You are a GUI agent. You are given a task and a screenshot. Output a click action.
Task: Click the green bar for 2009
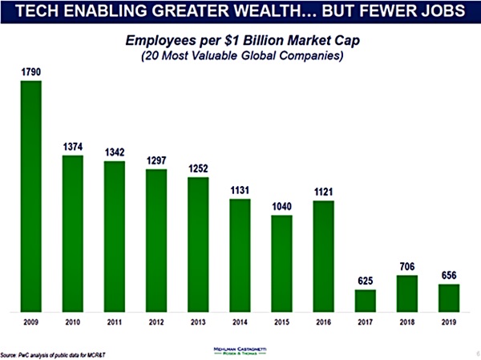tap(30, 195)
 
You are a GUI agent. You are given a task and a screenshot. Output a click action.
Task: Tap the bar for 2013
tap(198, 244)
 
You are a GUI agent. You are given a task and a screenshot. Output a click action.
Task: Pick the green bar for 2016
tap(324, 255)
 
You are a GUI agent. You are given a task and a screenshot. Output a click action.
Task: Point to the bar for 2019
tap(449, 297)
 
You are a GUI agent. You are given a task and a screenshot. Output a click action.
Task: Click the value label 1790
tap(30, 72)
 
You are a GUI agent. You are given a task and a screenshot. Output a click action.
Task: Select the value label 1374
tap(72, 147)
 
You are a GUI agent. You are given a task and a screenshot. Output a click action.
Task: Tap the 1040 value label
tap(282, 206)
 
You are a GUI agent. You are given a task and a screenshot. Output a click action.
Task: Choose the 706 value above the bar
tap(407, 266)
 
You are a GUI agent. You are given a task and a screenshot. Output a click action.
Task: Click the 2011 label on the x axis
tap(115, 323)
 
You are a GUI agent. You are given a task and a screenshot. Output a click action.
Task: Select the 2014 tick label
tap(240, 323)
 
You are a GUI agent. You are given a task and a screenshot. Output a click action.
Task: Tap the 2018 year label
tap(407, 323)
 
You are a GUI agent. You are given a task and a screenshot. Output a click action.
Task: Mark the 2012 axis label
tap(156, 323)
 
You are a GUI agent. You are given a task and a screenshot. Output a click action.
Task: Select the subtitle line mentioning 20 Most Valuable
tap(241, 56)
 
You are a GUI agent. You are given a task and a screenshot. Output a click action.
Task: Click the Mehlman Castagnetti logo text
tap(241, 350)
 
